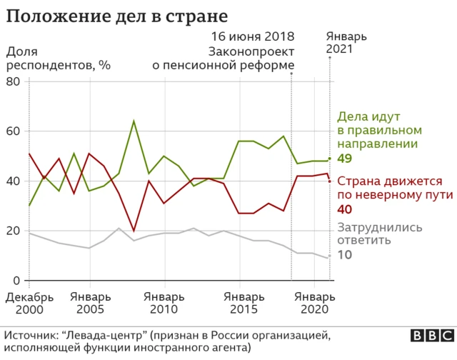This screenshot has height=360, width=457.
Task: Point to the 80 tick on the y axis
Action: click(x=12, y=81)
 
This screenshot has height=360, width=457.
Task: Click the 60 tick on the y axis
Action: click(x=12, y=131)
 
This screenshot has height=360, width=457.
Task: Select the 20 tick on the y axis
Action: click(x=12, y=231)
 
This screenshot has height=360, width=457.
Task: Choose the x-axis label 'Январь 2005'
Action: click(x=91, y=303)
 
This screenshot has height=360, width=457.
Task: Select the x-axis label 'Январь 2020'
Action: click(x=314, y=303)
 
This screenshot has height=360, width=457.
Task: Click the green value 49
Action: click(x=344, y=159)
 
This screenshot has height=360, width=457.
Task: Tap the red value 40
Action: click(x=344, y=209)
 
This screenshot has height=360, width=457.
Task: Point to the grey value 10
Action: click(x=344, y=255)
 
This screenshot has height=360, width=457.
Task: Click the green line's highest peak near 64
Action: click(x=134, y=121)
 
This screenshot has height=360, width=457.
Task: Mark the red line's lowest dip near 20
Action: click(x=134, y=231)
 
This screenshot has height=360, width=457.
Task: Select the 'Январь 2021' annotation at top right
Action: click(x=346, y=43)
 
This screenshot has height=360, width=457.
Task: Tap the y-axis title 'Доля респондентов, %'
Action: click(x=59, y=58)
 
